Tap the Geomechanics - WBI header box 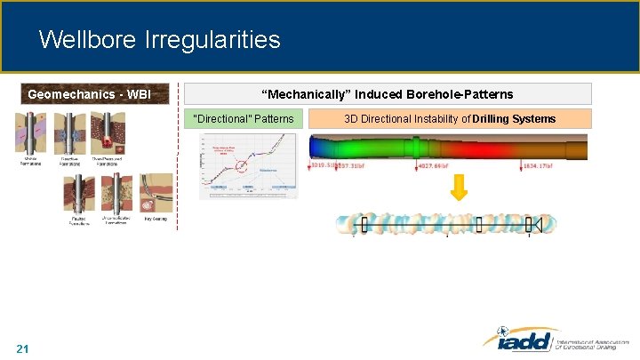[x=89, y=94]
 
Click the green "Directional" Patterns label [x=244, y=118]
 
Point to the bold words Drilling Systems [x=515, y=118]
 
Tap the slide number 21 [x=23, y=348]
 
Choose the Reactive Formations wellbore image [x=70, y=134]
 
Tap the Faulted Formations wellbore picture [x=79, y=193]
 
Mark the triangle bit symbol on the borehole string [x=536, y=224]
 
